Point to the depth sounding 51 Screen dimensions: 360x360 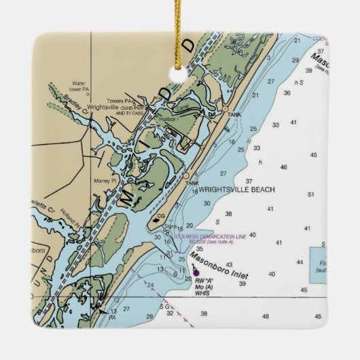click(x=311, y=195)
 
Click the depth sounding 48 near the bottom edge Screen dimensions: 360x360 click(x=267, y=316)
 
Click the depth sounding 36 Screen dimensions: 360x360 click(x=287, y=93)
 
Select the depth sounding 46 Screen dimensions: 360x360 click(x=283, y=167)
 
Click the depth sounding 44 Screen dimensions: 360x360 click(x=300, y=262)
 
